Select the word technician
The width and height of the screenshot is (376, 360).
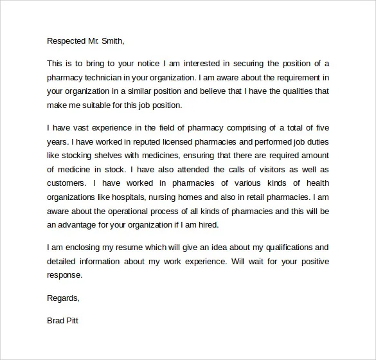point(111,77)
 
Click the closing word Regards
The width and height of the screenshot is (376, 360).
point(63,298)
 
